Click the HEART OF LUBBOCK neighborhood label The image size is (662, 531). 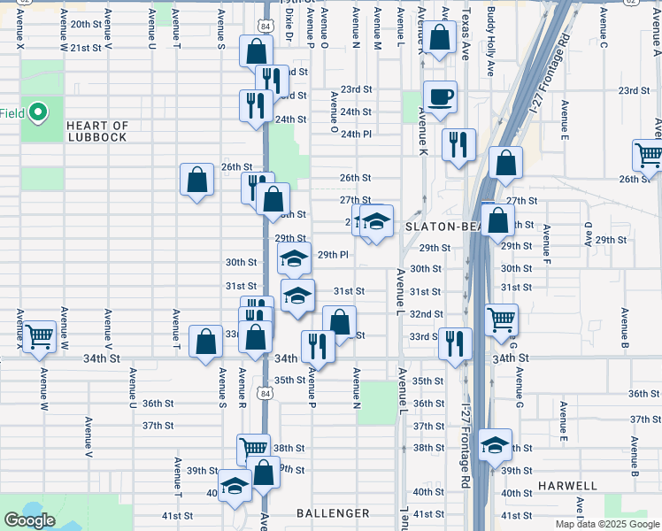click(x=96, y=131)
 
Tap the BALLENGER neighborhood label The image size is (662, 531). click(x=333, y=513)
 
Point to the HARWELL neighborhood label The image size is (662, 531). click(x=566, y=486)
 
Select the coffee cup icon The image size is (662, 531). click(x=440, y=96)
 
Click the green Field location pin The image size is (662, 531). click(x=38, y=112)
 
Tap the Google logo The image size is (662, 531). click(x=29, y=520)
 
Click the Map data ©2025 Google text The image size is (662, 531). click(x=606, y=524)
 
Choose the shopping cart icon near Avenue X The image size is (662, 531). click(x=39, y=336)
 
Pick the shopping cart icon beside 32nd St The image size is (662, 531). click(x=502, y=319)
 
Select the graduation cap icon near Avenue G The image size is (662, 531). click(x=495, y=444)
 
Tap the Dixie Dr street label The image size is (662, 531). click(x=289, y=27)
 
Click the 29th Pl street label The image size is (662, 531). click(x=333, y=255)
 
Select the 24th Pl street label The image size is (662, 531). click(x=357, y=134)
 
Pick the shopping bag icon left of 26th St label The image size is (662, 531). click(x=197, y=180)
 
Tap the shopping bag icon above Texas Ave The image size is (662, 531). click(x=439, y=38)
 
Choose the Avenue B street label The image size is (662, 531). click(x=625, y=327)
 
